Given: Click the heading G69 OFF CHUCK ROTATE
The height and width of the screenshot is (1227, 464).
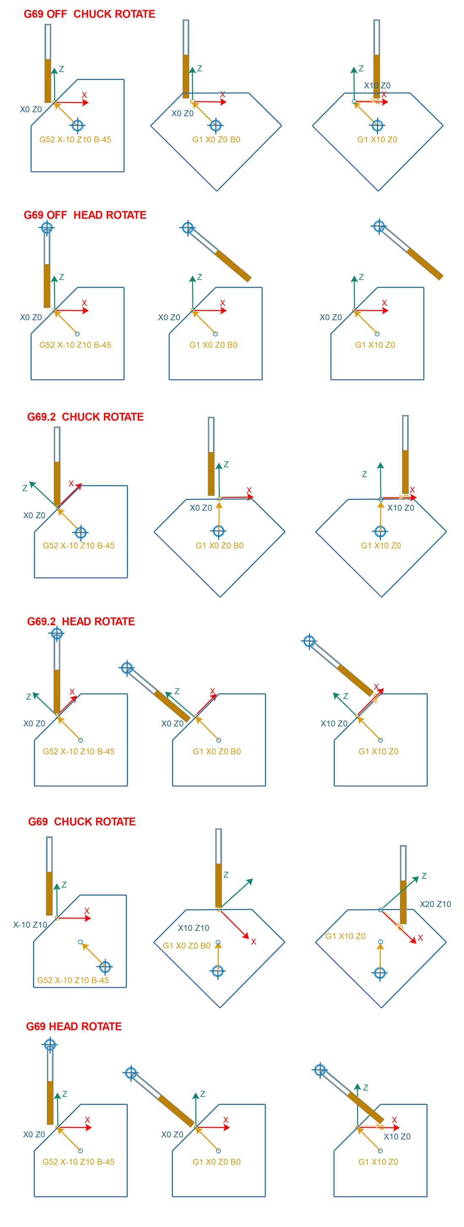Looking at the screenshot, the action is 89,14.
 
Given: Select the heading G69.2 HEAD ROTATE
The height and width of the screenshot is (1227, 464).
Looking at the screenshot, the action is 81,621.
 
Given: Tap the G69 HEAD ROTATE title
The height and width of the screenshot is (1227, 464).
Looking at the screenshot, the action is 74,1026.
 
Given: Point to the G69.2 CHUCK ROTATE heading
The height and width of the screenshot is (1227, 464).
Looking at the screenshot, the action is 85,417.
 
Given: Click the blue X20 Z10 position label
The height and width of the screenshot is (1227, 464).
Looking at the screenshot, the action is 435,904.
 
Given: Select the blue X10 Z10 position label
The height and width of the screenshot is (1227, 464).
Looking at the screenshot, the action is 194,928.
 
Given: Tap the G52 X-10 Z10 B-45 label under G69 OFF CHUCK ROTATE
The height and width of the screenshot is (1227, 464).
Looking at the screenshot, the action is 75,140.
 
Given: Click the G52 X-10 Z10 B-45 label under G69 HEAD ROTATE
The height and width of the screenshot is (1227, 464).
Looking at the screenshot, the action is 78,1162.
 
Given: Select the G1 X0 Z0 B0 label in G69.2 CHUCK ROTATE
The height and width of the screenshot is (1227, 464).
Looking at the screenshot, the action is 219,545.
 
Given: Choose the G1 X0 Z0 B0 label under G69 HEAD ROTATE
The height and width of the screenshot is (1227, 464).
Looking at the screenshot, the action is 216,1162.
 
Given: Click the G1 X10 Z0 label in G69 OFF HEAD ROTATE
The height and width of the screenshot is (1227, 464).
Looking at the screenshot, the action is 375,345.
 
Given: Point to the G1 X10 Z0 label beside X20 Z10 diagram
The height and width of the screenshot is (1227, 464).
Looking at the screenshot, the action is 345,936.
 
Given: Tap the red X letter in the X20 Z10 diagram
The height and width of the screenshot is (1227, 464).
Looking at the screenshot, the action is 420,938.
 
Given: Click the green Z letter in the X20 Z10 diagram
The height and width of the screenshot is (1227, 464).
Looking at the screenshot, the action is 424,876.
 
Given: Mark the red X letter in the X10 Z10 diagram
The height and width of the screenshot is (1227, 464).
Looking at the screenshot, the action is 254,942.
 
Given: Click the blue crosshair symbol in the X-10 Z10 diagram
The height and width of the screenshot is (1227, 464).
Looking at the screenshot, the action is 105,967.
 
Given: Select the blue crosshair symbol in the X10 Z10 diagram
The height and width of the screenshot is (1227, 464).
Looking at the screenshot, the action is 218,971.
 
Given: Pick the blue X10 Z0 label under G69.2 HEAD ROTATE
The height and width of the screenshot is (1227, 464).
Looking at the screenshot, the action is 334,723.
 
